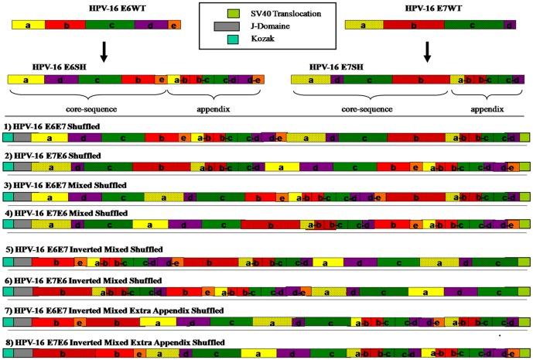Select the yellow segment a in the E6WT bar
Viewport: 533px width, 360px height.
[x=28, y=26]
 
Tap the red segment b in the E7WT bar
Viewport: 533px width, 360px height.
[x=414, y=26]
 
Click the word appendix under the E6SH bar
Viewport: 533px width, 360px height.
[x=214, y=105]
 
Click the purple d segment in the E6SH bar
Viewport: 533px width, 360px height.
[x=60, y=79]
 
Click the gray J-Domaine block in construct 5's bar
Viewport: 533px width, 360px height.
[x=22, y=263]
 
